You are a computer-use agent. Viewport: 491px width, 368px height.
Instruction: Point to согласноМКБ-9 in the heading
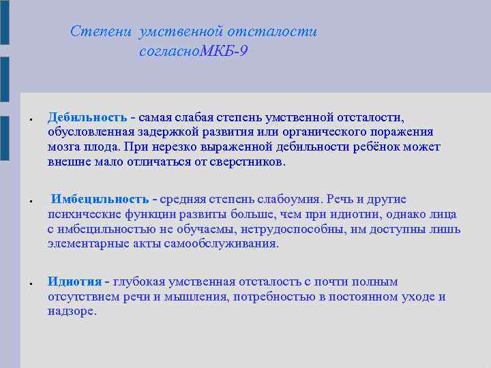tap(192, 51)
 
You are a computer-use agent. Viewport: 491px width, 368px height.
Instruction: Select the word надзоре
tap(72, 311)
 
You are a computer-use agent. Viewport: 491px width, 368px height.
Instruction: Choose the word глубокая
tap(138, 281)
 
